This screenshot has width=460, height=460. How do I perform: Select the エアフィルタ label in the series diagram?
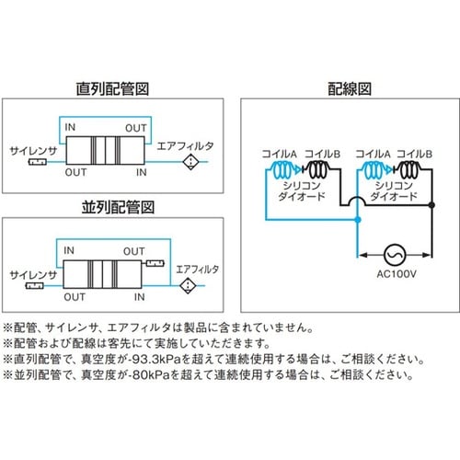187,146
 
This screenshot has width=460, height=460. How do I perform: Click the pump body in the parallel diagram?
103,275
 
